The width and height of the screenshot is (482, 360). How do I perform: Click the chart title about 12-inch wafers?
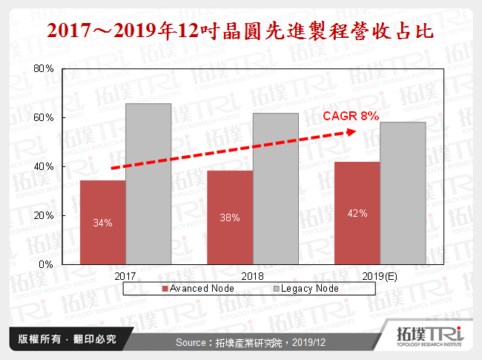(x=240, y=31)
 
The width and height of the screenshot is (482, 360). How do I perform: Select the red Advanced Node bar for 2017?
(x=102, y=222)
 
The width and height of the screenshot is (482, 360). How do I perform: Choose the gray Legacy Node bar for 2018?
(x=275, y=189)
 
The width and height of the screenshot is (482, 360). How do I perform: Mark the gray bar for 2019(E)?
(x=403, y=193)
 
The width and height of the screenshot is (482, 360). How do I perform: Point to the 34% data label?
(x=102, y=223)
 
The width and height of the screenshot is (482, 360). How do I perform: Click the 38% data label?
(x=230, y=218)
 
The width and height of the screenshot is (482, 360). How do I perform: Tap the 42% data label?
(x=357, y=213)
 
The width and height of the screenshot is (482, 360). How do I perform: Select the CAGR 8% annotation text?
(x=351, y=116)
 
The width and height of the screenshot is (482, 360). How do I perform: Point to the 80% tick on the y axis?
(x=43, y=69)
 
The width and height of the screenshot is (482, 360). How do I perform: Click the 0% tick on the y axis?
(x=45, y=264)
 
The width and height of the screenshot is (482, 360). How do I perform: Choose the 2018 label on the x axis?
(x=253, y=275)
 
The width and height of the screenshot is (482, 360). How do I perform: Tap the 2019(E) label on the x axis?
(x=380, y=275)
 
